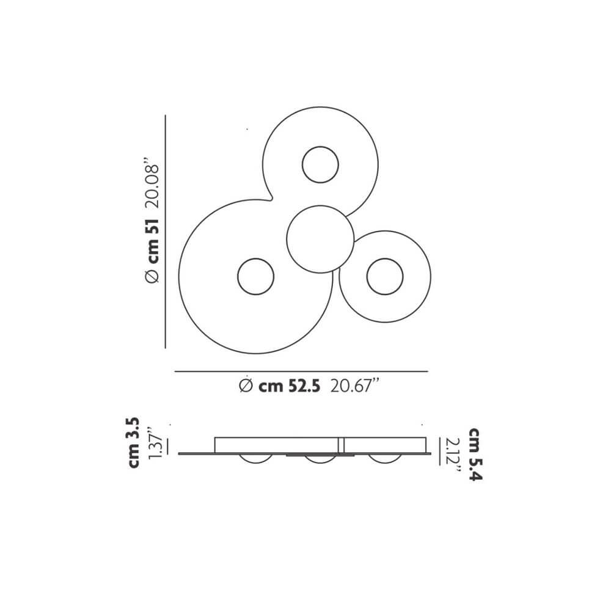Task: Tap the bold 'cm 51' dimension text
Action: click(x=153, y=241)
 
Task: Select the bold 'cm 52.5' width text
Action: click(x=288, y=386)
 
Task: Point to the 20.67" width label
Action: click(x=354, y=386)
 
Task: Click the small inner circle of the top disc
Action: click(x=320, y=164)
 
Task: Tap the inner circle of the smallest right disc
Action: click(x=385, y=276)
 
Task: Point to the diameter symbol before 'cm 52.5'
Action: click(x=245, y=386)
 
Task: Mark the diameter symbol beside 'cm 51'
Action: click(x=153, y=277)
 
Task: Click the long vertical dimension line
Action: click(x=166, y=232)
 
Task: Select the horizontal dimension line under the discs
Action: click(x=301, y=371)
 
